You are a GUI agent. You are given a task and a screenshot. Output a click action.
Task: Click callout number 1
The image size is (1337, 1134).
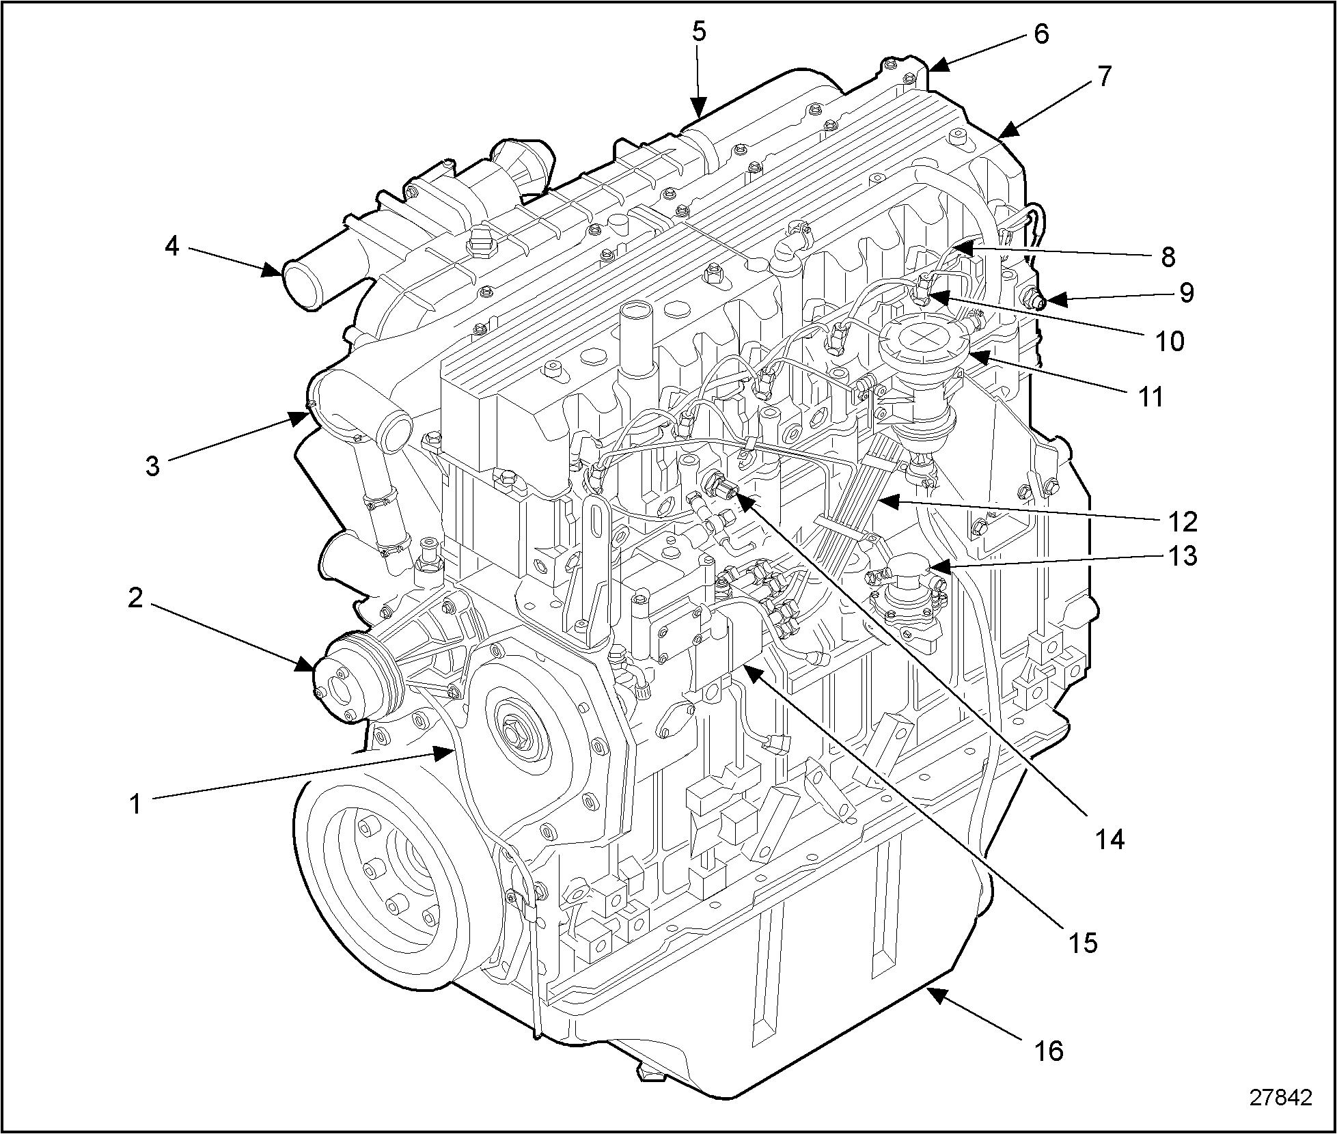pos(136,803)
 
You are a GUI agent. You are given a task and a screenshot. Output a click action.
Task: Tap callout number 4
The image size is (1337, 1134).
pos(171,246)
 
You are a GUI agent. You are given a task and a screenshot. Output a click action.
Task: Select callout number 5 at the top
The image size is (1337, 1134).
pos(698,32)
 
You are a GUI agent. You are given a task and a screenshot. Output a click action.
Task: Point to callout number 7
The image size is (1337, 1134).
pos(1104,76)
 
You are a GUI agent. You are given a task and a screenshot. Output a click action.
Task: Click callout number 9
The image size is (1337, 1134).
pos(1187,292)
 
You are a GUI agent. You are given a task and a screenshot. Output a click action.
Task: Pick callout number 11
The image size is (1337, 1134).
pos(1152,396)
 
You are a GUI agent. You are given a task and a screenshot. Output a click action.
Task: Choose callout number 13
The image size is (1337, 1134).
pos(1182,556)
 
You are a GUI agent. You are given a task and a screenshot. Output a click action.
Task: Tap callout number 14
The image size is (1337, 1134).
pos(1109,839)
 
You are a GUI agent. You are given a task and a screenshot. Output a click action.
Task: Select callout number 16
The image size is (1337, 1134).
pos(1049,1050)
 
